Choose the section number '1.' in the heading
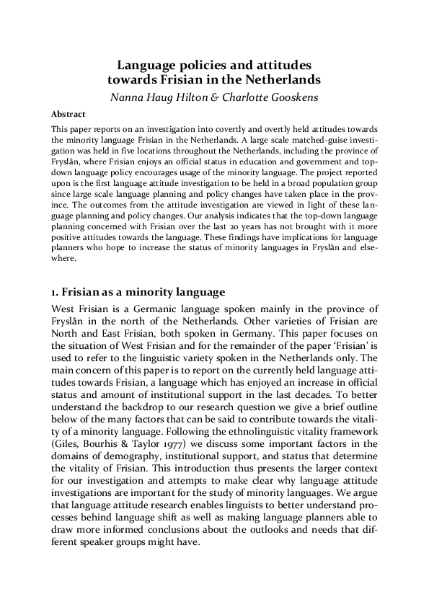pyautogui.click(x=55, y=292)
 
